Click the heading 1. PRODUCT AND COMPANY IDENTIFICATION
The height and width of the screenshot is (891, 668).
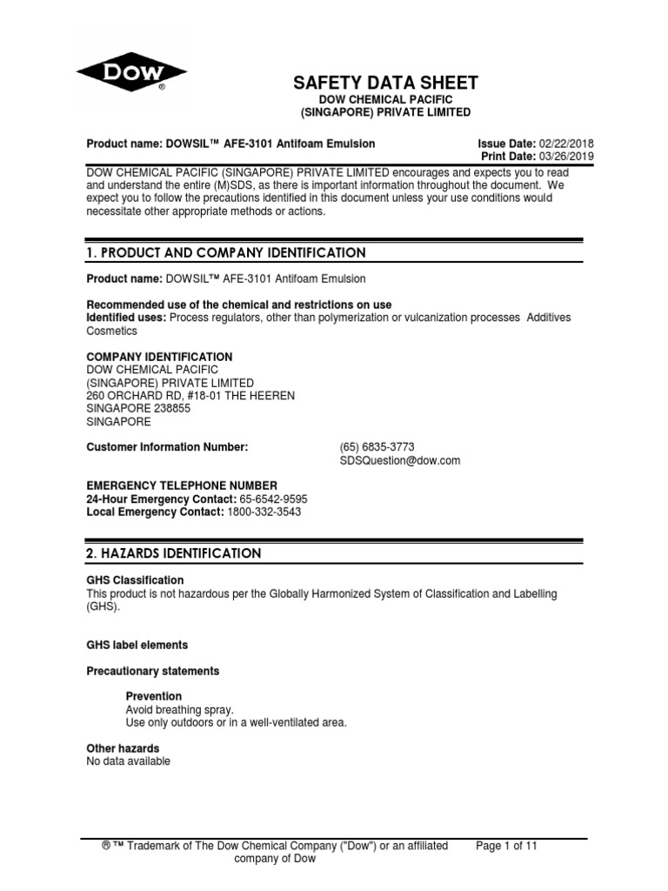(226, 253)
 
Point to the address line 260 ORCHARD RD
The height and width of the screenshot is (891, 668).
(190, 396)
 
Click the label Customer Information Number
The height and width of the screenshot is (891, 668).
(168, 447)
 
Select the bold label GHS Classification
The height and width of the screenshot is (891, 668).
(135, 580)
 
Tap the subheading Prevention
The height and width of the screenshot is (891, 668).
(154, 696)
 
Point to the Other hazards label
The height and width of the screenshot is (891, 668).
(123, 748)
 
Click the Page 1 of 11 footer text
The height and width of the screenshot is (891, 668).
(508, 845)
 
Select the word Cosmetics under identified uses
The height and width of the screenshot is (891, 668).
(112, 332)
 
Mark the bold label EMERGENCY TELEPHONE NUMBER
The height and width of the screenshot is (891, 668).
(182, 486)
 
